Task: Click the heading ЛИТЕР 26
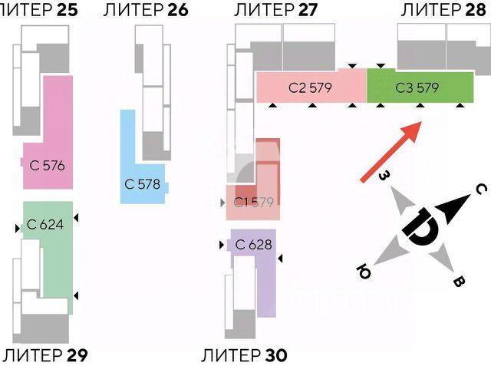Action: pos(146,10)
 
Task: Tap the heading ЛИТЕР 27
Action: pos(276,10)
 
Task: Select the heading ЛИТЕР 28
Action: pos(443,10)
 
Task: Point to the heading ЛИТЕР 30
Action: pos(244,355)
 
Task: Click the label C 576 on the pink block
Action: pos(48,165)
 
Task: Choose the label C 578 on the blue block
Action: pos(142,184)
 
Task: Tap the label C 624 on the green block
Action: pos(45,225)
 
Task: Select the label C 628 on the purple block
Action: pos(253,245)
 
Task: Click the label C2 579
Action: pos(310,87)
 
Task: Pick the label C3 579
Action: pos(417,87)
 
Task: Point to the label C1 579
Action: pos(254,203)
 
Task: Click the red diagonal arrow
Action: pos(390,151)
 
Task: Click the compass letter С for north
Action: pos(481,189)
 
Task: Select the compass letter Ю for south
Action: pos(364,271)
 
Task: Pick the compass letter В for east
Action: pos(459,282)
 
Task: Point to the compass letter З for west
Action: pos(384,176)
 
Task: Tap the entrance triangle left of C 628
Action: pos(222,245)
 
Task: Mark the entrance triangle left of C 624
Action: pos(18,228)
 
